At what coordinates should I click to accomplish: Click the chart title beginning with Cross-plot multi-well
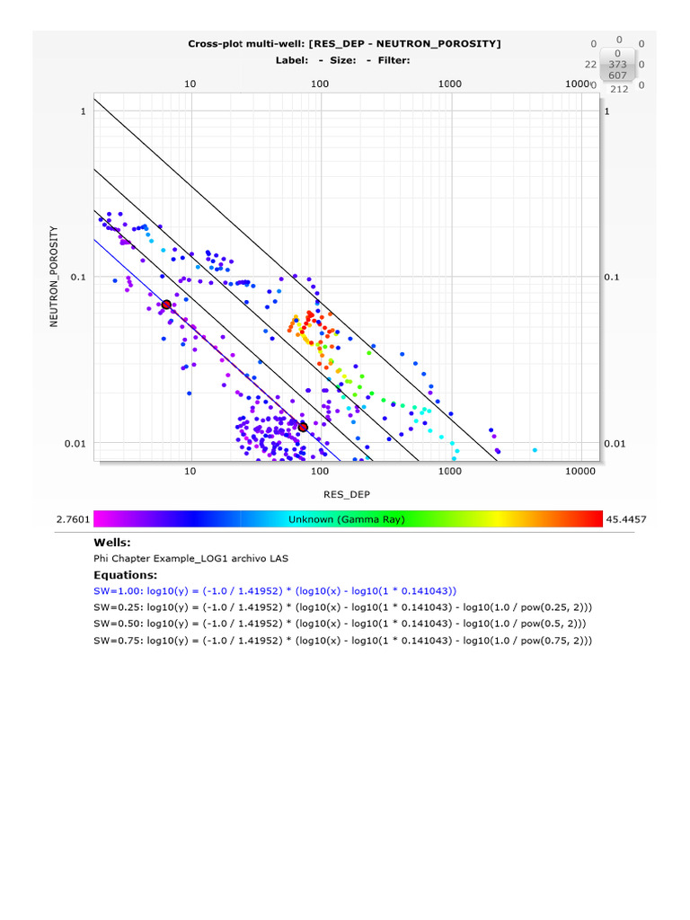pos(344,43)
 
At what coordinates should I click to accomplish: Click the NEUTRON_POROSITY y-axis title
pos(54,276)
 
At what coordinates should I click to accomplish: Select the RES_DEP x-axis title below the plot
pos(346,494)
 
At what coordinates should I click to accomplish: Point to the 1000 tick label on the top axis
pos(449,84)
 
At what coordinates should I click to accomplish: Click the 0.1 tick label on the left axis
pos(78,277)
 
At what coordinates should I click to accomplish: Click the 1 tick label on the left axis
pos(83,111)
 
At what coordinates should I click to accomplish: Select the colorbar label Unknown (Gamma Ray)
pos(347,519)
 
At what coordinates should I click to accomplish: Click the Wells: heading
pos(112,543)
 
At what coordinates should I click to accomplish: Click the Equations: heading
pos(125,574)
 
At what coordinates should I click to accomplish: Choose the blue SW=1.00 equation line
pos(275,590)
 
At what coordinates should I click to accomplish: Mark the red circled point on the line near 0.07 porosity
pos(166,305)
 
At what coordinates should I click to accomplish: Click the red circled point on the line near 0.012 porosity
pos(303,428)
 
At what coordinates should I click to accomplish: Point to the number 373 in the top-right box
pos(617,64)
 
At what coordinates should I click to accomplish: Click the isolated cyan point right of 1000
pos(535,450)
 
